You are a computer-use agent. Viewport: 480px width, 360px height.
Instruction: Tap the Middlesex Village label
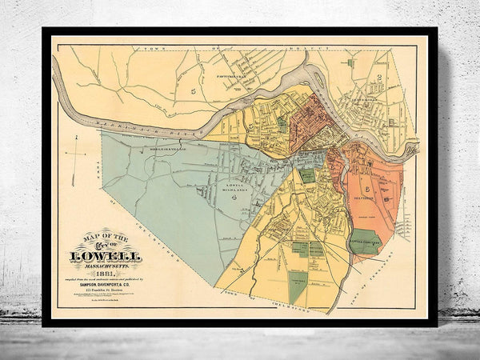(x=150, y=147)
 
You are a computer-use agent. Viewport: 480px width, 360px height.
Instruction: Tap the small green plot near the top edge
(x=350, y=61)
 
